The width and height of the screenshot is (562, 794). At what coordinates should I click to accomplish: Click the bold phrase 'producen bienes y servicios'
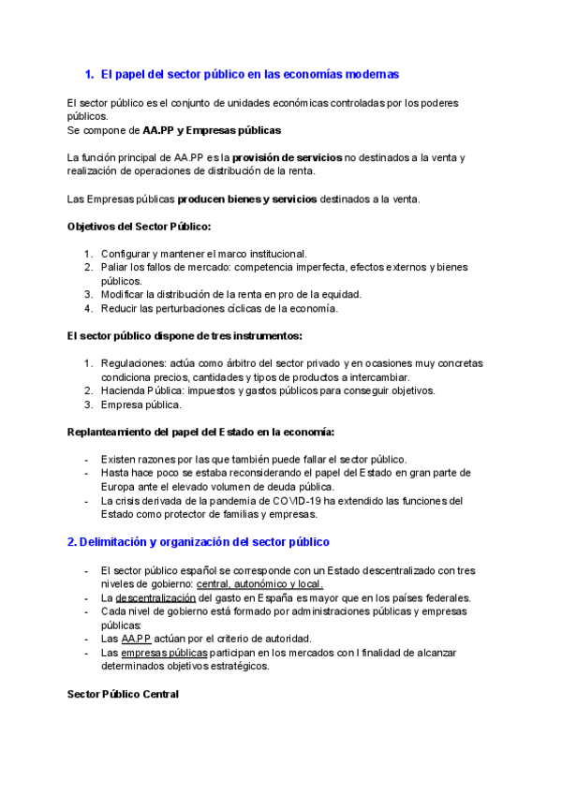pyautogui.click(x=247, y=199)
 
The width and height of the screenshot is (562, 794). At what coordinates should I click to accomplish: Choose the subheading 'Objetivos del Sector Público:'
pyautogui.click(x=140, y=227)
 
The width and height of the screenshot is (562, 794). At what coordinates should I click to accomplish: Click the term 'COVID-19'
pyautogui.click(x=307, y=500)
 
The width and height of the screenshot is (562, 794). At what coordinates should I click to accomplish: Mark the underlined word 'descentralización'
pyautogui.click(x=155, y=597)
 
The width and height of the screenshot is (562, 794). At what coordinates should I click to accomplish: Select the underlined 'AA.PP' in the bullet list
pyautogui.click(x=135, y=639)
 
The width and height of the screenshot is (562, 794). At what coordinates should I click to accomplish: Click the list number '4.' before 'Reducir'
pyautogui.click(x=88, y=308)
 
